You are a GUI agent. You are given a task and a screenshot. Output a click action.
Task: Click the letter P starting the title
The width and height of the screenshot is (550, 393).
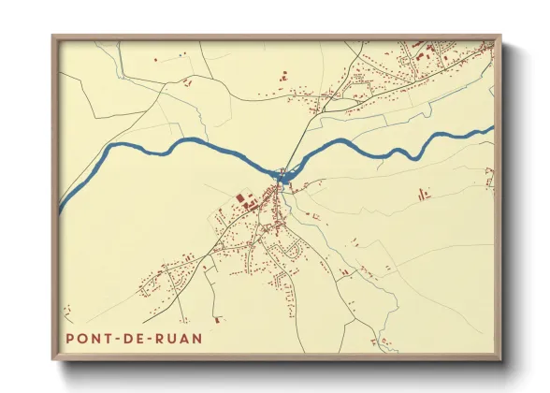(70, 336)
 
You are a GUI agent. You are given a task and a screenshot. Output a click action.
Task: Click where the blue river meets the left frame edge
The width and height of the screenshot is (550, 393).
(62, 205)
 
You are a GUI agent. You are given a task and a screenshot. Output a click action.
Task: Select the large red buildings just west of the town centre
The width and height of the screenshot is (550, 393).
(245, 198)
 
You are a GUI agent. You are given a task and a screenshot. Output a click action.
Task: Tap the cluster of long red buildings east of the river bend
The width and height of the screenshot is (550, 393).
(422, 194)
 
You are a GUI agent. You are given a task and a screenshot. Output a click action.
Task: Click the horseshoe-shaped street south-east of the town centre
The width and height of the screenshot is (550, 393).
(297, 248)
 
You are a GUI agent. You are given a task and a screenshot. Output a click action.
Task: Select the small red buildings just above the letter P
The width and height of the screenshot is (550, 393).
(66, 311)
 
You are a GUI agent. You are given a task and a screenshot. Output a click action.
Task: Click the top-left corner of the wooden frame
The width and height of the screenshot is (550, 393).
(53, 36)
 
